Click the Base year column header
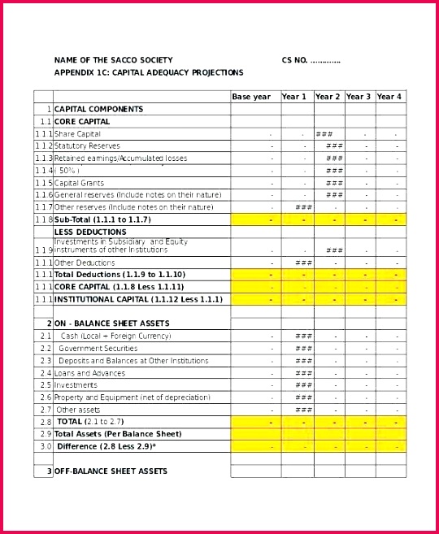click(251, 97)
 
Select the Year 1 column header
click(294, 97)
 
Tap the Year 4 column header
click(389, 97)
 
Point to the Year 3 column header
click(359, 97)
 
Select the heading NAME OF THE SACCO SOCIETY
click(113, 60)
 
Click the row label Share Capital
click(78, 134)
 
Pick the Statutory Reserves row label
click(87, 146)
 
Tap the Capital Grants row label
click(79, 183)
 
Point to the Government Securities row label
click(98, 348)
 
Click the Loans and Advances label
click(89, 373)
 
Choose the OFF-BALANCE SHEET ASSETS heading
click(111, 471)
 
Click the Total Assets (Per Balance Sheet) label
click(118, 434)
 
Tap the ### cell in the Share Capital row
click(324, 134)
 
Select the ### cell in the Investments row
click(303, 385)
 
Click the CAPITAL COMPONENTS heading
click(98, 109)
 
